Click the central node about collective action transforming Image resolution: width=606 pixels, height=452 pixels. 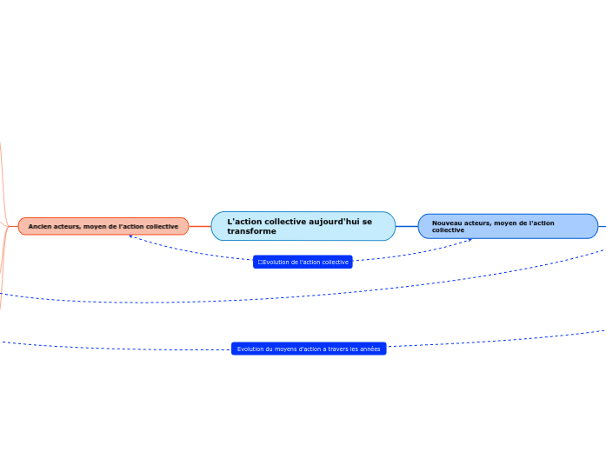pos(303,226)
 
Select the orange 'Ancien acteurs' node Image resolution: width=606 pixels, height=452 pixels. pos(103,226)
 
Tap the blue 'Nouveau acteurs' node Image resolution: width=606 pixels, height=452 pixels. pos(508,226)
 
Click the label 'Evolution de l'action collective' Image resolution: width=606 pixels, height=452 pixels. pos(303,262)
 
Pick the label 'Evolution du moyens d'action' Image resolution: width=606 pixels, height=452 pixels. pos(309,349)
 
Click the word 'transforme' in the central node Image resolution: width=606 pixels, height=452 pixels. pos(251,231)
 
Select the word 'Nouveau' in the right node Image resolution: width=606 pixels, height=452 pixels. pos(446,223)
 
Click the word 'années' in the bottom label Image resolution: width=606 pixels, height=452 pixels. pos(370,349)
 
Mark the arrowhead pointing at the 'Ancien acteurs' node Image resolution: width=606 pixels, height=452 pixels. pos(130,236)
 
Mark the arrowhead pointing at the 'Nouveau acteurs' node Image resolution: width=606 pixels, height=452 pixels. pos(471,239)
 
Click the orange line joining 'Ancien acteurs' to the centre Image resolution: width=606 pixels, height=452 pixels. pos(200,226)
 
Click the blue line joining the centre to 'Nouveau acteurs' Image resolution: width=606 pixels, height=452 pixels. pos(407,226)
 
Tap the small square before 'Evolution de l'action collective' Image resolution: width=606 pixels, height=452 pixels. pos(260,262)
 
